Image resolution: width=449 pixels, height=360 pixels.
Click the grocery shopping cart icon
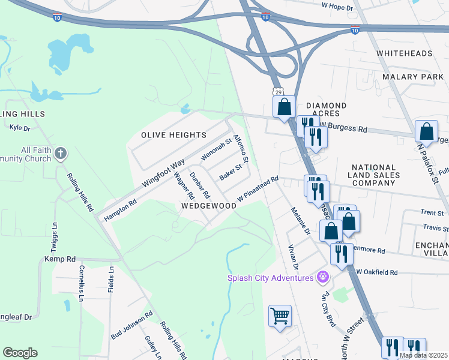click(x=280, y=316)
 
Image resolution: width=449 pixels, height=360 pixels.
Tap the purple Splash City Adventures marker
click(x=323, y=277)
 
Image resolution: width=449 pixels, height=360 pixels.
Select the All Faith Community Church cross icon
click(x=60, y=154)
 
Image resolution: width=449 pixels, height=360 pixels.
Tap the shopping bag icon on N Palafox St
click(x=426, y=131)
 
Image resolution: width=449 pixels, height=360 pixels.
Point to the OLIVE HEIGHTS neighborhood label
click(x=174, y=135)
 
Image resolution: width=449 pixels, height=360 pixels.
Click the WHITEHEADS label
click(x=405, y=53)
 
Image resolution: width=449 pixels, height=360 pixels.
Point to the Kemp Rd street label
click(x=60, y=259)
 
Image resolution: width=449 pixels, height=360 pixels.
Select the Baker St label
click(x=230, y=173)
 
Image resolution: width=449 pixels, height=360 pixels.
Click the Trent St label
click(x=432, y=212)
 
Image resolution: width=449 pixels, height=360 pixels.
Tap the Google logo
click(x=20, y=353)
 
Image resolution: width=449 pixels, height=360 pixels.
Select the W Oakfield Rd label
click(x=377, y=272)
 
